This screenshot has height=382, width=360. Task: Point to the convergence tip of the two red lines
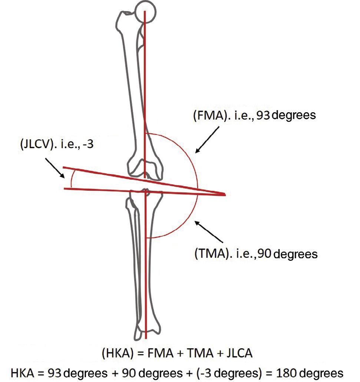click(224, 194)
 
